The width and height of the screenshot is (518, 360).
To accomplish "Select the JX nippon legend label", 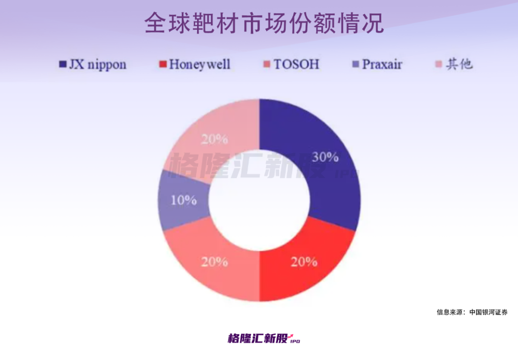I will tap(97, 64).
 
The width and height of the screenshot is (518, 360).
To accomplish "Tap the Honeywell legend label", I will tap(199, 64).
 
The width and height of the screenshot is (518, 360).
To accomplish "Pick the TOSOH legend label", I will tap(296, 64).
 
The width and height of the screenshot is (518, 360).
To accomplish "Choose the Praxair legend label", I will tap(382, 64).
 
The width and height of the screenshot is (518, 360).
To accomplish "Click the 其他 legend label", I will tap(459, 64).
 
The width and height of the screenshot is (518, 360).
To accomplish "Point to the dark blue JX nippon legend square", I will tap(62, 64).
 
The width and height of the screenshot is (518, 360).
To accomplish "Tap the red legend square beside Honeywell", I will tap(163, 64).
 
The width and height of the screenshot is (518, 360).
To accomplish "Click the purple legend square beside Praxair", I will tap(355, 64).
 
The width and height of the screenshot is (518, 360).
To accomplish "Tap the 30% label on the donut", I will tap(325, 157).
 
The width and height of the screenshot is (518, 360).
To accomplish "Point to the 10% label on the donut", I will tap(184, 200).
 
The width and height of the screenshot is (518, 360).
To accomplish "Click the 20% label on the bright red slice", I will tap(304, 262).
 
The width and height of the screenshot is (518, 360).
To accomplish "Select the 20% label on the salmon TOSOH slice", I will tap(214, 262).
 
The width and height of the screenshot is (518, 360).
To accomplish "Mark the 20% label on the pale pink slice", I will tap(214, 139).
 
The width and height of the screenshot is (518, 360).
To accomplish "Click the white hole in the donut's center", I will tap(259, 201).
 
